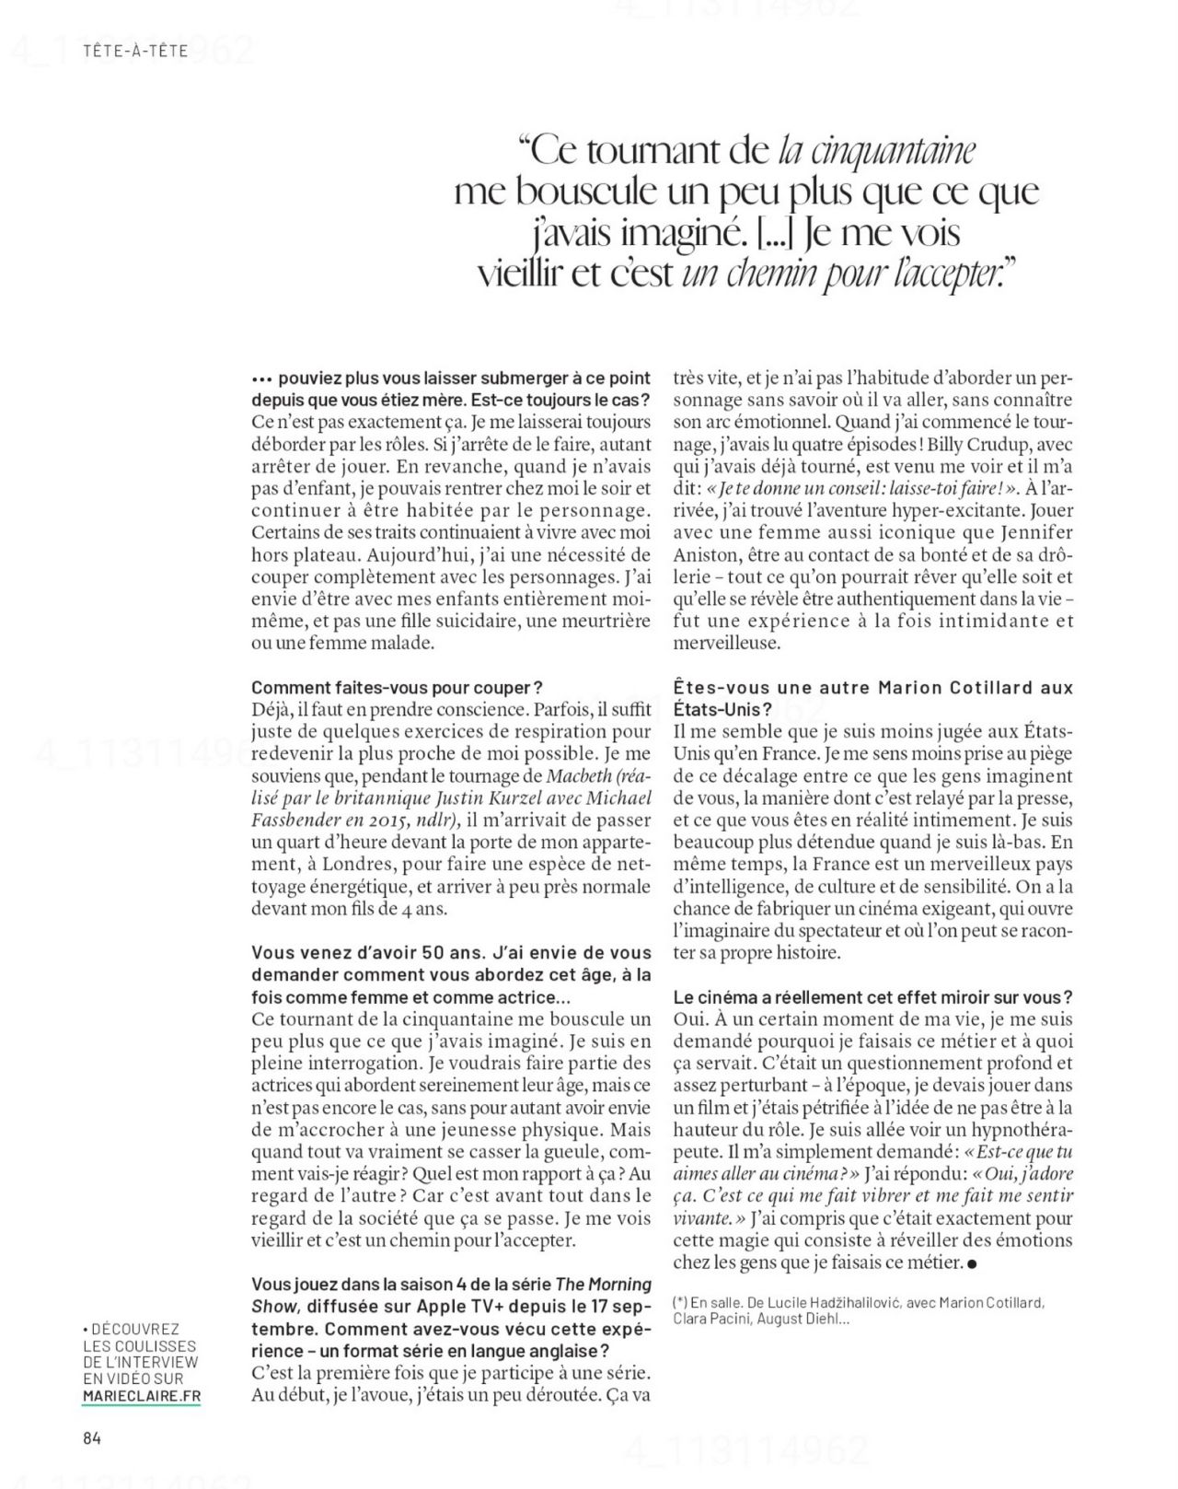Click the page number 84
(89, 1438)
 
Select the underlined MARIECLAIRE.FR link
(141, 1395)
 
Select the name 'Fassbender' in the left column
(293, 820)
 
